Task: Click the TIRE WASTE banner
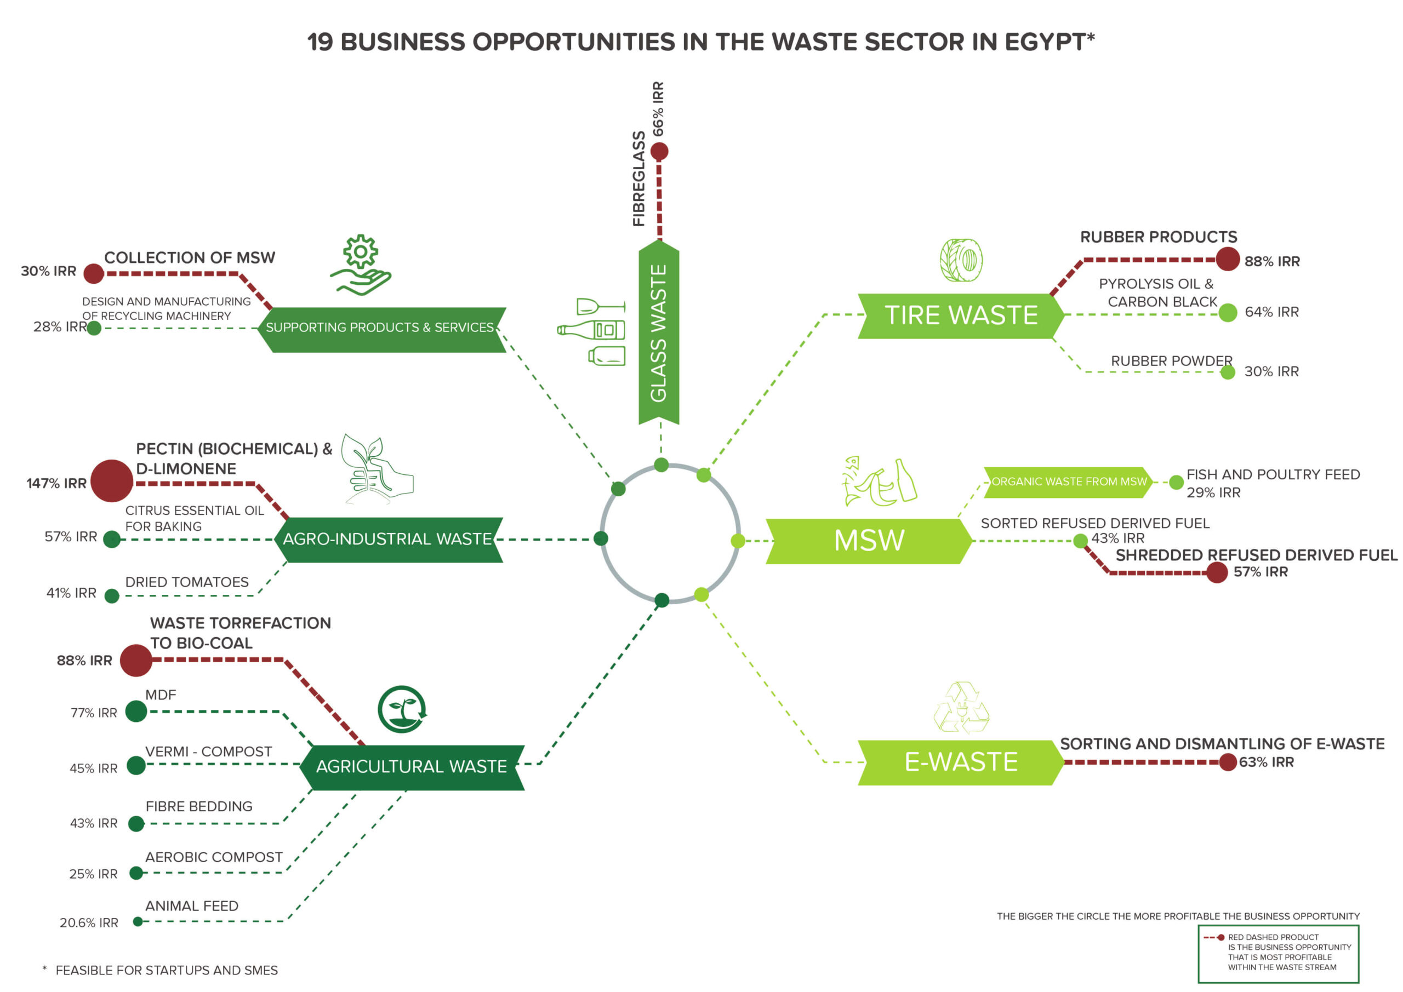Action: [x=961, y=315]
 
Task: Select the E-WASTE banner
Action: [x=961, y=762]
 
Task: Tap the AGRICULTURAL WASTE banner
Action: [x=411, y=767]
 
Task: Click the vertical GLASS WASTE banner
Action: [x=659, y=333]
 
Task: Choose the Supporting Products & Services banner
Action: [x=380, y=329]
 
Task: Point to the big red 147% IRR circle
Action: [x=112, y=481]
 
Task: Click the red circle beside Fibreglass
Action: [x=659, y=152]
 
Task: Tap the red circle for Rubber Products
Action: [x=1228, y=260]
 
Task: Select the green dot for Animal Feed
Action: [x=138, y=922]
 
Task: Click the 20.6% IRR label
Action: [x=89, y=923]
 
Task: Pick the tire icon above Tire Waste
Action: [x=961, y=260]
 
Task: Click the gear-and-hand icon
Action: [x=361, y=265]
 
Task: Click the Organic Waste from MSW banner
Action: [x=1068, y=482]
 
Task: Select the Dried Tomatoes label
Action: [x=187, y=582]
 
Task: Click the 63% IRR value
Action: [x=1266, y=762]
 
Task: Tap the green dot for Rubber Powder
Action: [x=1228, y=372]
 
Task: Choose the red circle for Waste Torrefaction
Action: [x=136, y=660]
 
